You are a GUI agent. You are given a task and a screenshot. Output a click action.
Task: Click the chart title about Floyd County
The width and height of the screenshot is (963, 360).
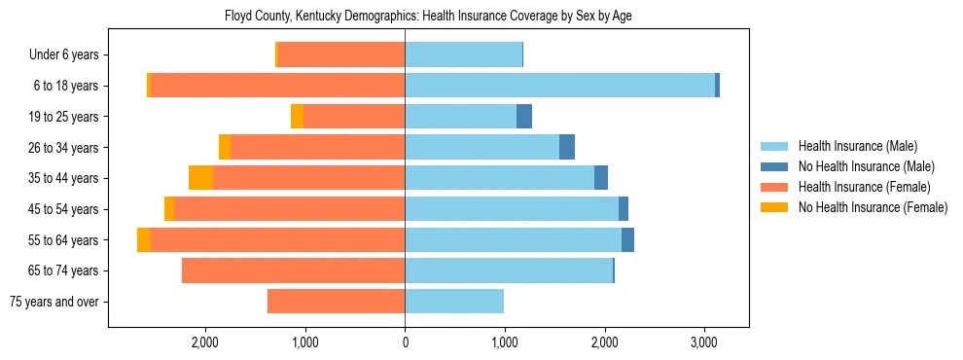[428, 17]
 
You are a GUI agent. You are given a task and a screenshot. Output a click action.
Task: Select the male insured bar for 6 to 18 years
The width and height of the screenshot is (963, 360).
[559, 86]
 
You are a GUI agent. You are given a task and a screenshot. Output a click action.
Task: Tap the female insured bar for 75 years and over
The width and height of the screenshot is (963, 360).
[336, 302]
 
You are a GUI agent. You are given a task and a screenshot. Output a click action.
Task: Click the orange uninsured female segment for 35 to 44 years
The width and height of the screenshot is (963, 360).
[200, 178]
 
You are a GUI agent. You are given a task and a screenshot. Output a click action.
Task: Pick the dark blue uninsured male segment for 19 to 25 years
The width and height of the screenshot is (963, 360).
[524, 117]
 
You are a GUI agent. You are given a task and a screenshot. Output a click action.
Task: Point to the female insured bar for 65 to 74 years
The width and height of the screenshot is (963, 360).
[293, 270]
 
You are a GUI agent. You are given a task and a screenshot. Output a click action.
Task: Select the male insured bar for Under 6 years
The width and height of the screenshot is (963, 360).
[463, 54]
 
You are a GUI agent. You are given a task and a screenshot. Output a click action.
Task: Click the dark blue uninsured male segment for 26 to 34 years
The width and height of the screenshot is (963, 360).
[567, 147]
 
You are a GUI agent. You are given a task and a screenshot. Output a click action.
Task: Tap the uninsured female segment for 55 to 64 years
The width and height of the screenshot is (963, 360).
[144, 239]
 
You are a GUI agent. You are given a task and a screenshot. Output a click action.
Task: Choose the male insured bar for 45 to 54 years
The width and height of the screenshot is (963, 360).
[512, 209]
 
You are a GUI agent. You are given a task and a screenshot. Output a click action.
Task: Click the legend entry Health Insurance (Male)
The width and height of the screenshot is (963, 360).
[857, 146]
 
